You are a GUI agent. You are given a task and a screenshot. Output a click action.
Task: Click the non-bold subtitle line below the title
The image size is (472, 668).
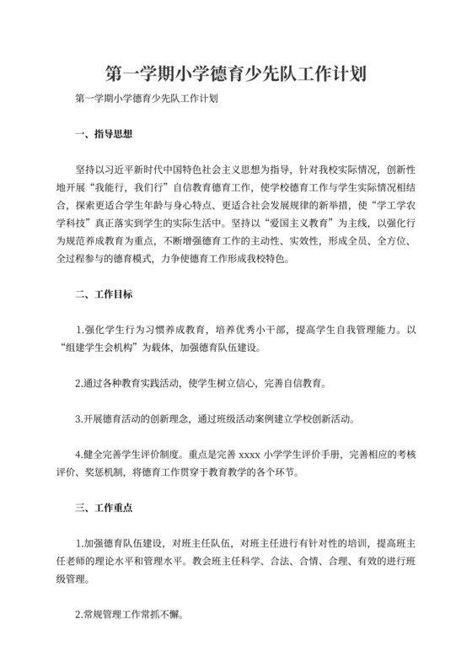[x=147, y=99]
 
